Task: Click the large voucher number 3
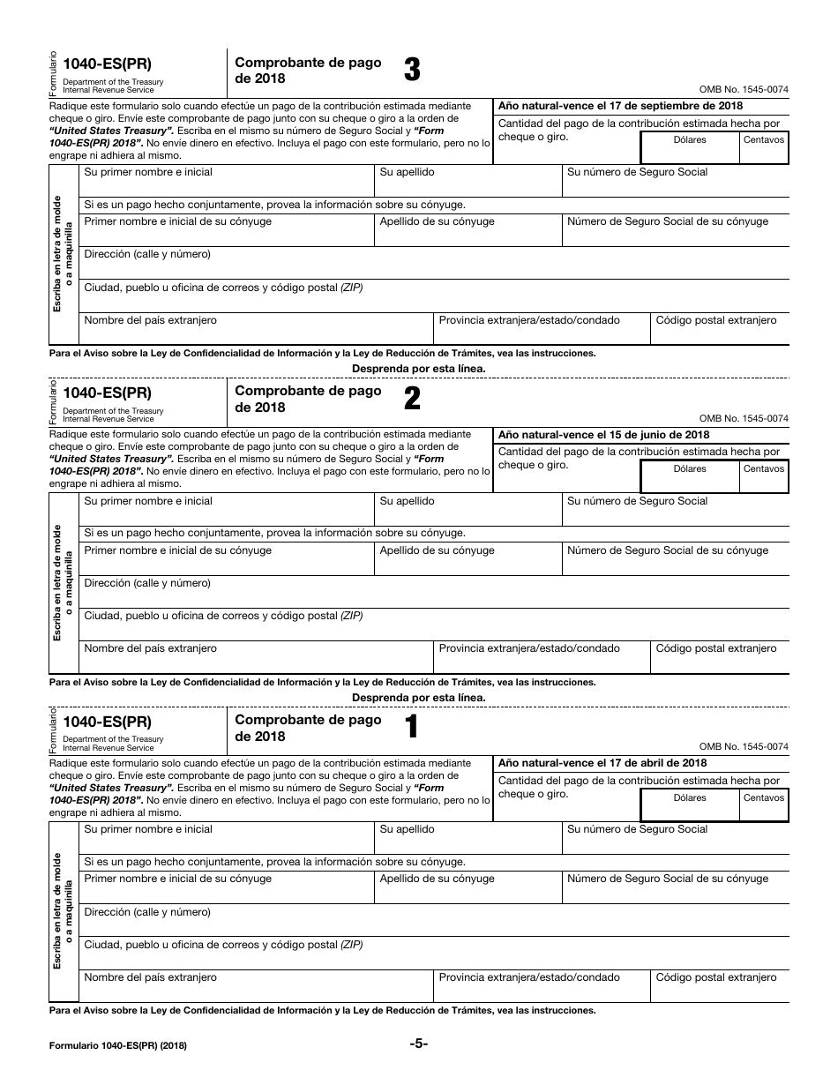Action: [x=412, y=71]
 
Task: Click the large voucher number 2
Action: [x=412, y=400]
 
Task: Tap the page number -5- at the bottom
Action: [x=418, y=1044]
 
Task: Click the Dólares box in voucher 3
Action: [x=690, y=148]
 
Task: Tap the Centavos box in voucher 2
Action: [x=764, y=477]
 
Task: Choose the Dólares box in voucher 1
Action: [x=690, y=805]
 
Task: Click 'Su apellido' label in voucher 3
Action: [x=407, y=173]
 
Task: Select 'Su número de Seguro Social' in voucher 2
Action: [x=637, y=501]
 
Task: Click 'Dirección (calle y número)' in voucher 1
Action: [x=147, y=912]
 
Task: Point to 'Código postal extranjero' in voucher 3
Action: [x=716, y=320]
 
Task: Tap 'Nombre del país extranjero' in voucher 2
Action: [x=150, y=648]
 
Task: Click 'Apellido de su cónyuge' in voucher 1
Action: [x=437, y=879]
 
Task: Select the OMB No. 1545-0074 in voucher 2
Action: [x=744, y=419]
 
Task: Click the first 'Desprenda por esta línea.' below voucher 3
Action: [x=418, y=369]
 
